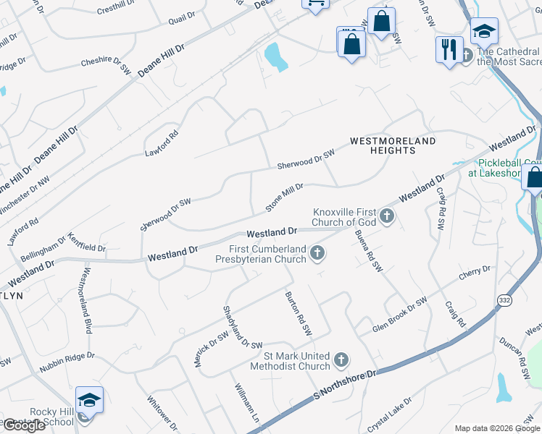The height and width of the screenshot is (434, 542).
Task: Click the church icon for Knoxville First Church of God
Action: tap(387, 216)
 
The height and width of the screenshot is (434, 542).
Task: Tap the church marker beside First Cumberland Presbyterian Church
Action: tap(316, 252)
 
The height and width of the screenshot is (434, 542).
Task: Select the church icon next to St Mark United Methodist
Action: tap(341, 359)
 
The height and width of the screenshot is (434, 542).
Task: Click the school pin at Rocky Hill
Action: tap(89, 400)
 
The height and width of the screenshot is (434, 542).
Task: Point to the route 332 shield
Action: tap(504, 299)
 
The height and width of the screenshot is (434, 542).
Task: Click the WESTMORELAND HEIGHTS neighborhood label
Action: tap(393, 145)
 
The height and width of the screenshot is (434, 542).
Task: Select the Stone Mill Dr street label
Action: tap(284, 197)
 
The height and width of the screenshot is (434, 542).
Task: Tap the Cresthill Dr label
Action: tap(116, 10)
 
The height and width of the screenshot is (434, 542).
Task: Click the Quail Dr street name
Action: tap(181, 17)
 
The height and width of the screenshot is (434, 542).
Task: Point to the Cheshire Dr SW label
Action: tap(105, 67)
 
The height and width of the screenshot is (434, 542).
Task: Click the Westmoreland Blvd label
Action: tap(86, 301)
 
